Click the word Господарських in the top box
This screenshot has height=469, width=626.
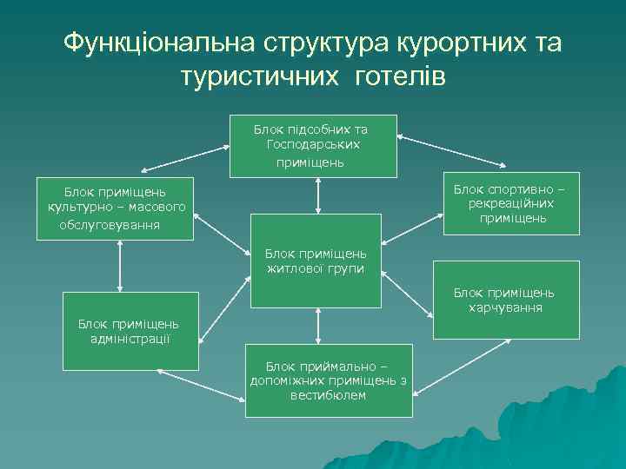click(x=314, y=144)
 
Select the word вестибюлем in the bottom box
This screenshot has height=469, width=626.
click(x=329, y=395)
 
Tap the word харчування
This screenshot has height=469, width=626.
click(x=505, y=307)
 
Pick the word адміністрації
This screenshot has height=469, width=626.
click(x=130, y=338)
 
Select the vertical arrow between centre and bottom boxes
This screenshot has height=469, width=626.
click(x=319, y=324)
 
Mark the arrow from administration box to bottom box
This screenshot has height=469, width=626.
click(x=199, y=386)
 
